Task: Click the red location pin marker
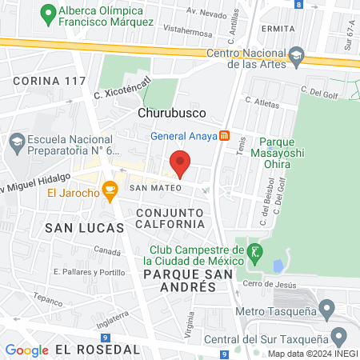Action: [x=180, y=162]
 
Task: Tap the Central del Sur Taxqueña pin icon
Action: [x=338, y=335]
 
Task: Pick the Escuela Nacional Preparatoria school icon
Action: [x=16, y=142]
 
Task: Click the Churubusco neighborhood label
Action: [x=172, y=113]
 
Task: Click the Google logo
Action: [x=26, y=350]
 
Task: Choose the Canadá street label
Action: [x=106, y=250]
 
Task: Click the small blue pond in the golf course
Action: [x=278, y=266]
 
